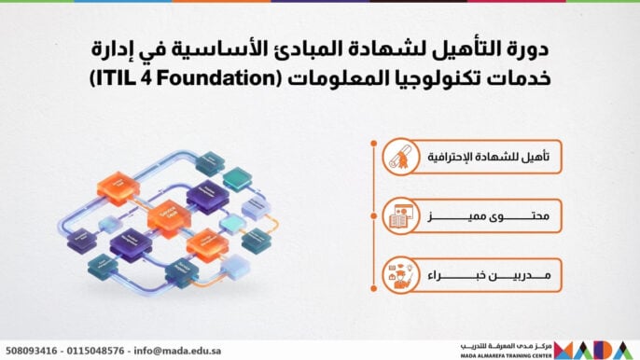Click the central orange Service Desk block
click(x=168, y=215)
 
